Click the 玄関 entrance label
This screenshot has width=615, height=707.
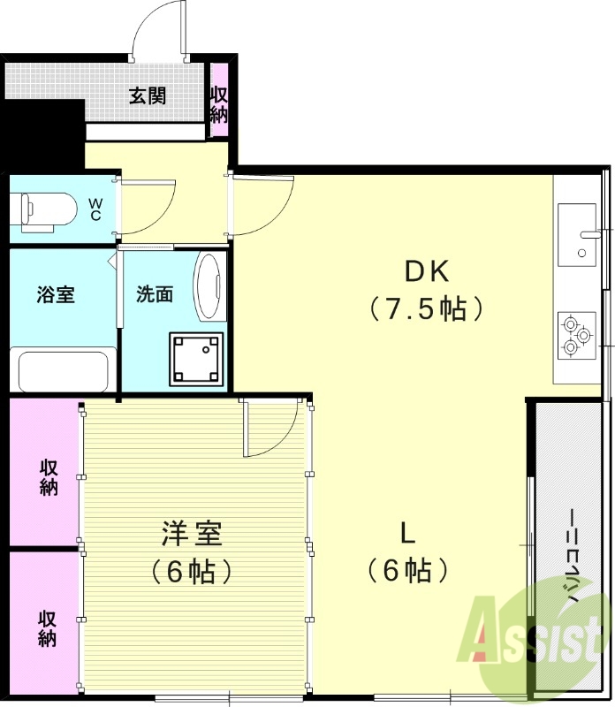tap(148, 95)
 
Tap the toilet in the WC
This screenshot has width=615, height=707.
tap(44, 209)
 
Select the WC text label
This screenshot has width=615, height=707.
tap(95, 209)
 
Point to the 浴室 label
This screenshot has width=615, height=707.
tap(56, 295)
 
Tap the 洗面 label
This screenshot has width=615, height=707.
tap(154, 295)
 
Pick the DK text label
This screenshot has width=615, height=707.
tap(429, 269)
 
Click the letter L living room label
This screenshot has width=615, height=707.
tap(407, 533)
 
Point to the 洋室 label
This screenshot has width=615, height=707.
tap(192, 534)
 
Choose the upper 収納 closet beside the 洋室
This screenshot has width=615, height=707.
tap(47, 475)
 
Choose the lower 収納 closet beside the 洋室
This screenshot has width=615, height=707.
tap(47, 627)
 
